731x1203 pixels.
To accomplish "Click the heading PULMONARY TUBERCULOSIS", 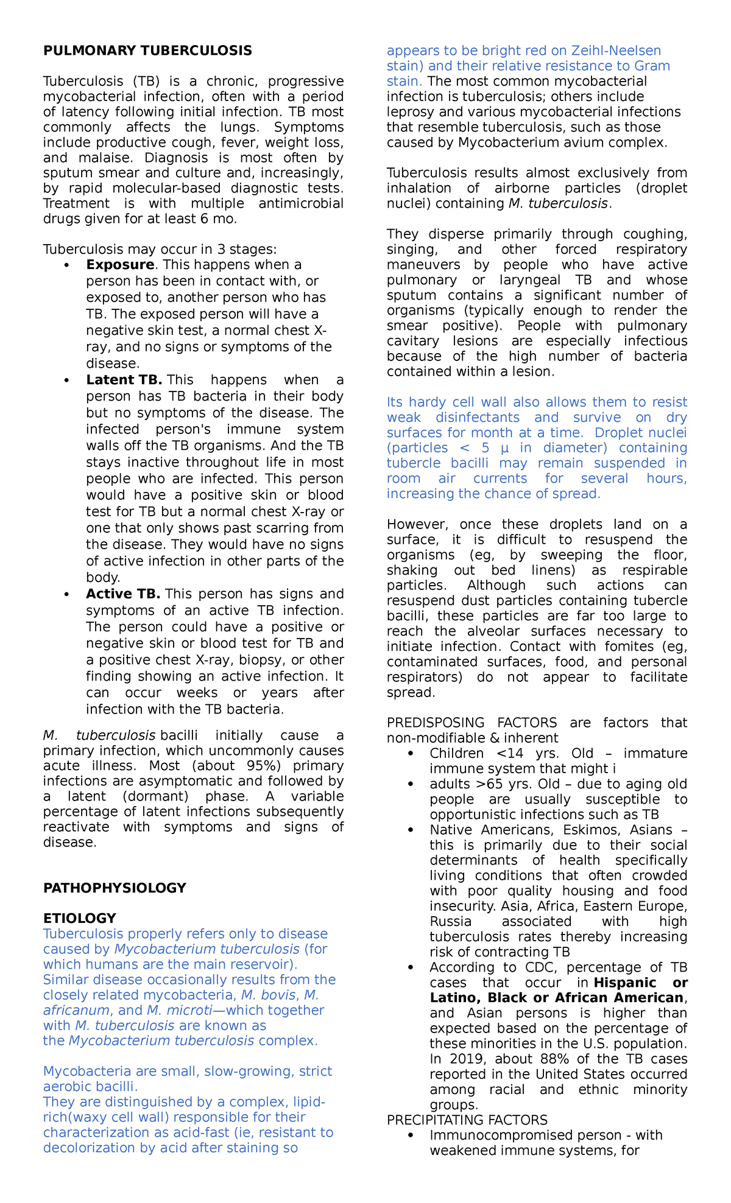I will [x=147, y=51].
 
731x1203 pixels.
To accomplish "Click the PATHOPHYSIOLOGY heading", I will [x=115, y=888].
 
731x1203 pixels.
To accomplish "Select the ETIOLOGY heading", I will [x=79, y=918].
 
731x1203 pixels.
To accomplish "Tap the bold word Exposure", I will [x=120, y=265].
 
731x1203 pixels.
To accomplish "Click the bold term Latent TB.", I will [x=124, y=380].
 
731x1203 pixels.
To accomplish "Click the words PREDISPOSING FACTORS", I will [x=471, y=723].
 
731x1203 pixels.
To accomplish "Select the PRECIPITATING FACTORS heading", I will [x=467, y=1120].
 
